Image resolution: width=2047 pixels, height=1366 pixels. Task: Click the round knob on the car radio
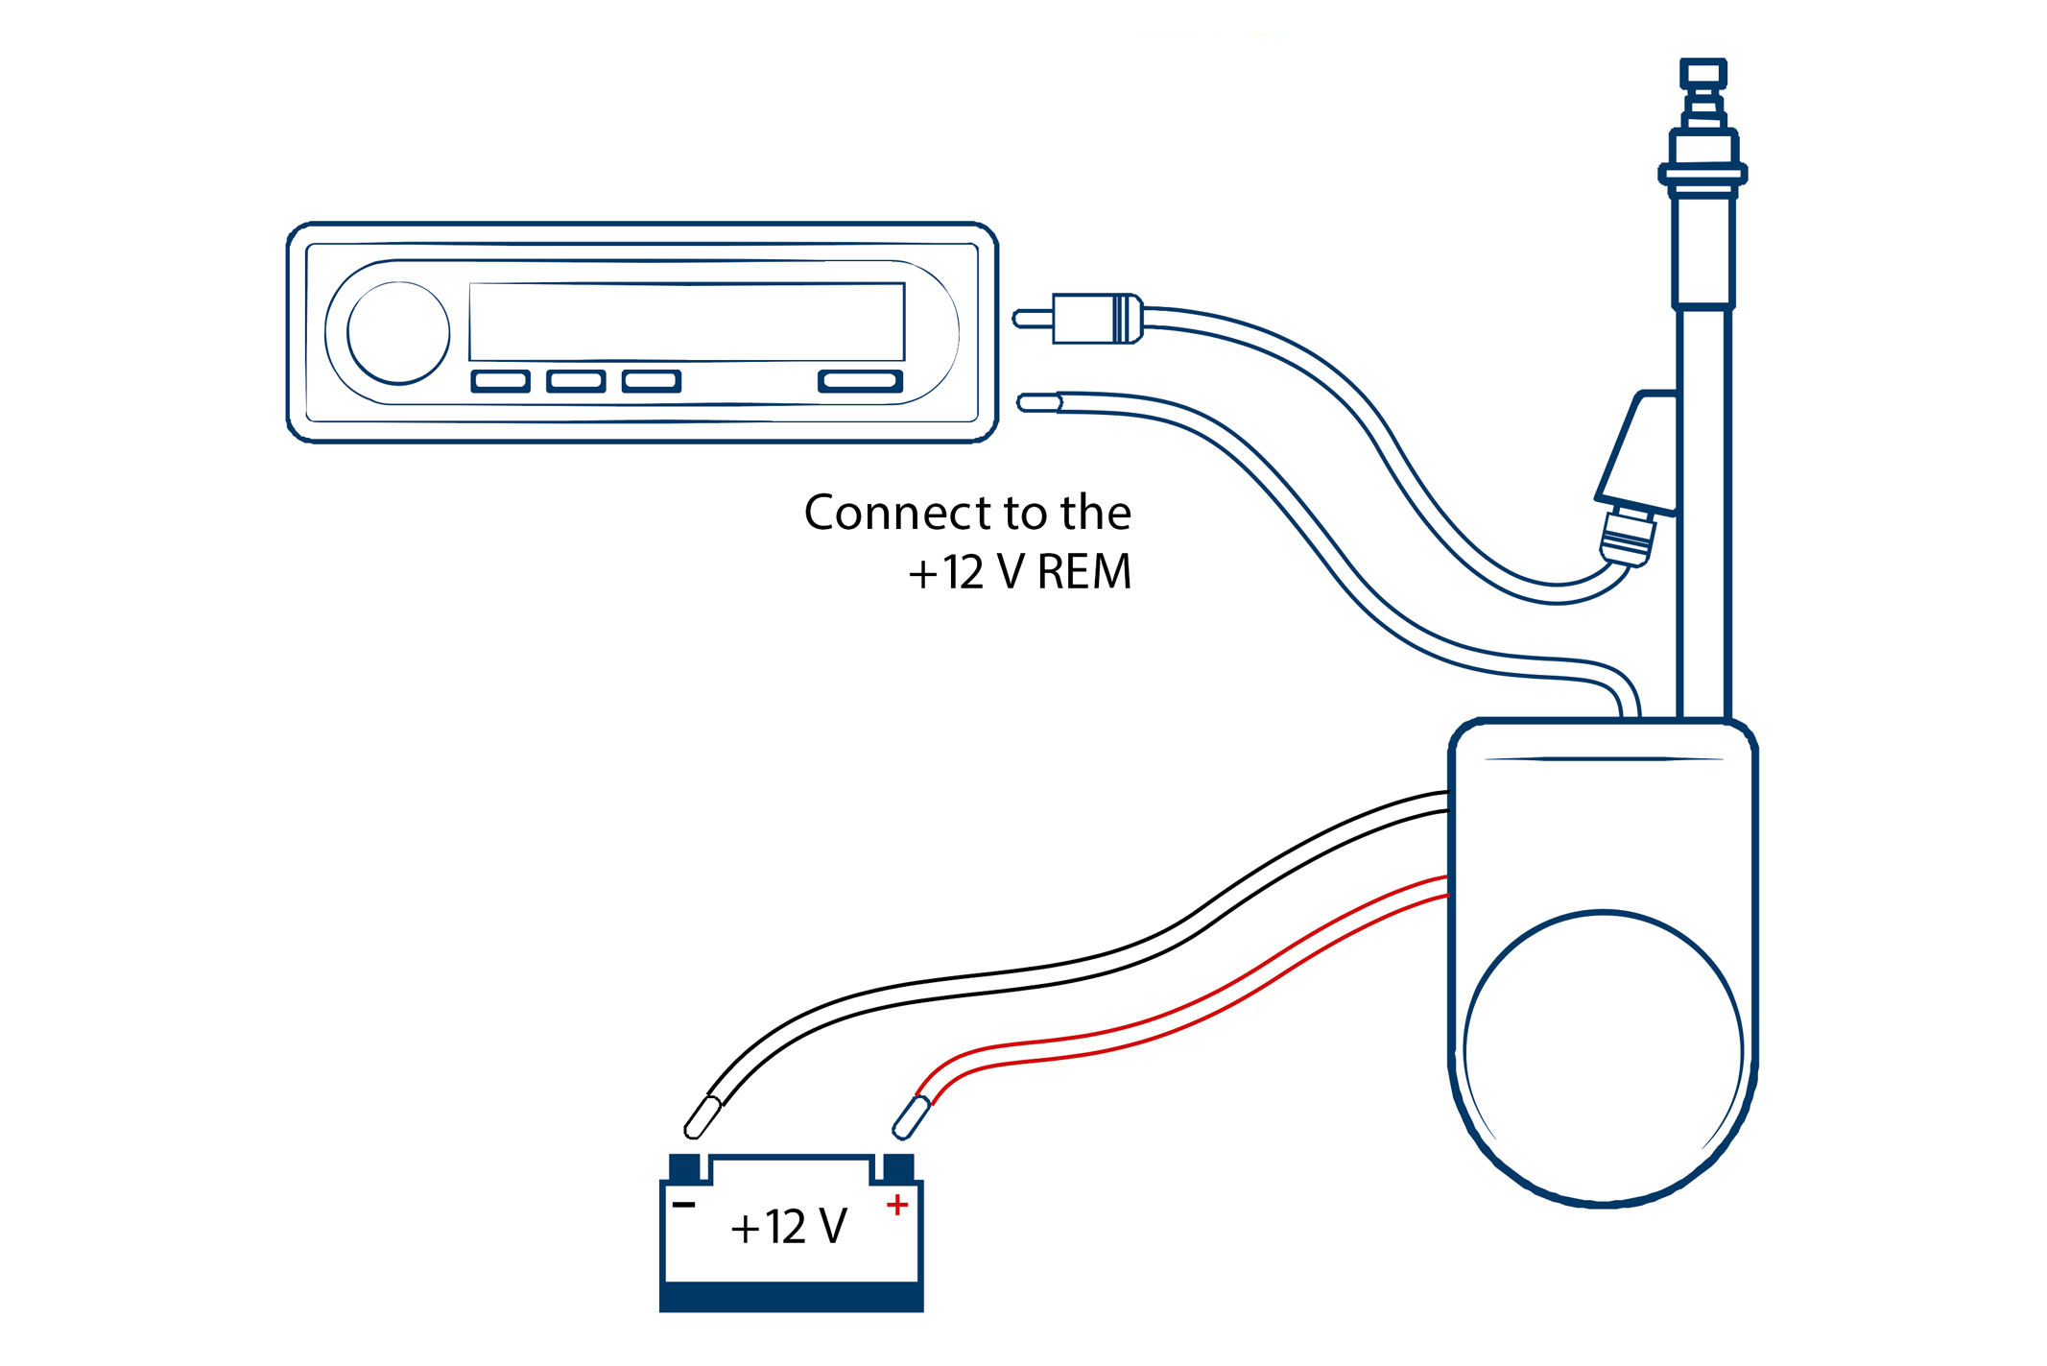pyautogui.click(x=398, y=332)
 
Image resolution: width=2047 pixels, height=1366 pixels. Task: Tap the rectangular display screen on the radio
pyautogui.click(x=686, y=322)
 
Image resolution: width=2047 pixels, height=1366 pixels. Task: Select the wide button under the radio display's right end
pyautogui.click(x=860, y=381)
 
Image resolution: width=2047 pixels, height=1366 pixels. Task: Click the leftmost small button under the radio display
pyautogui.click(x=500, y=381)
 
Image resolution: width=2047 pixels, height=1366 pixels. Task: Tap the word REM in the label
pyautogui.click(x=1084, y=572)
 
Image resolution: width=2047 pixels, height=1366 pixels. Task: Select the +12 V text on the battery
pyautogui.click(x=789, y=1227)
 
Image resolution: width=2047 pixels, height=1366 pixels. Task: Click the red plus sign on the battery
pyautogui.click(x=897, y=1205)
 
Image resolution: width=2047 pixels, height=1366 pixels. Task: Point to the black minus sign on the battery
pyautogui.click(x=683, y=1205)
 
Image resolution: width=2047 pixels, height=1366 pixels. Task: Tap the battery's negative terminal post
pyautogui.click(x=684, y=1168)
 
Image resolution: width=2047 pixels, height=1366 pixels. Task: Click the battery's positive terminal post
pyautogui.click(x=898, y=1168)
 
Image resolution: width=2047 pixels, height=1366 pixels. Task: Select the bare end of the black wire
pyautogui.click(x=702, y=1118)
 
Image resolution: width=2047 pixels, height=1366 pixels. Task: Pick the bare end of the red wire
pyautogui.click(x=911, y=1118)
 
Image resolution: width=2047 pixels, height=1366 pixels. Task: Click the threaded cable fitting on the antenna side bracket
pyautogui.click(x=1628, y=538)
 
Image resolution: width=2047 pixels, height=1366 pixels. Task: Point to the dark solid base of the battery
pyautogui.click(x=791, y=1297)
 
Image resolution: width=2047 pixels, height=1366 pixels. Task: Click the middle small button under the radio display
pyautogui.click(x=576, y=381)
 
